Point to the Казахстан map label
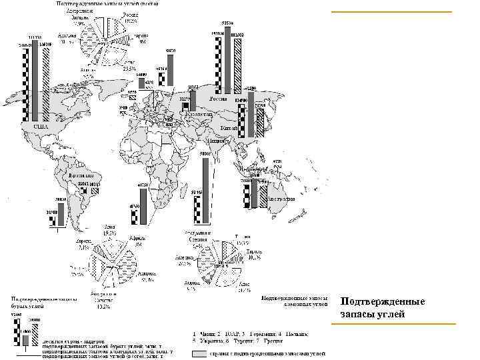point(197,114)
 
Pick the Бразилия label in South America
point(81,171)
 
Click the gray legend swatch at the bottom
point(199,355)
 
